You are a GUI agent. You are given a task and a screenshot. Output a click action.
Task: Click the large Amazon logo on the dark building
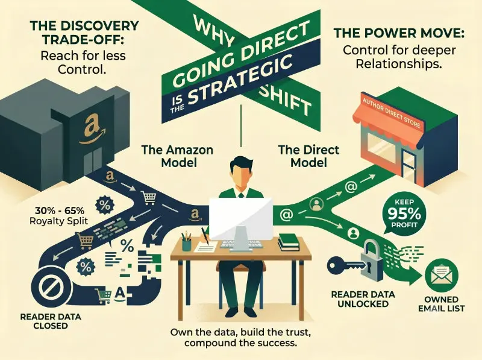pyautogui.click(x=92, y=129)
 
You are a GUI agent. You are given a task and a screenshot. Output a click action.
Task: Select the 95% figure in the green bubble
pyautogui.click(x=404, y=213)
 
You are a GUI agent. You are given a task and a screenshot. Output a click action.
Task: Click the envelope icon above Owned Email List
pyautogui.click(x=442, y=275)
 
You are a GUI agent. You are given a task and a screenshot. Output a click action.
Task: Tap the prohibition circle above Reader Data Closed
pyautogui.click(x=51, y=288)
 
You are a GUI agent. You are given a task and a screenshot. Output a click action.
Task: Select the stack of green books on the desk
pyautogui.click(x=289, y=242)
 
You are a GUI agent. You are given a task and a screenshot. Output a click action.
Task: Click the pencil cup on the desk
pyautogui.click(x=186, y=243)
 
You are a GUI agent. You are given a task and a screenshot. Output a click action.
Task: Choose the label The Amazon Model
pyautogui.click(x=177, y=156)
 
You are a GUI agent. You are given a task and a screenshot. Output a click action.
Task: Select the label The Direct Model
pyautogui.click(x=308, y=156)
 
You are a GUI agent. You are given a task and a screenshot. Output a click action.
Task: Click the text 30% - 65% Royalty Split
pyautogui.click(x=59, y=216)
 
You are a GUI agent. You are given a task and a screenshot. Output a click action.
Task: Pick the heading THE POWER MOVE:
pyautogui.click(x=399, y=33)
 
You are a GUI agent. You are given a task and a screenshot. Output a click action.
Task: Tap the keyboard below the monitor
pyautogui.click(x=242, y=244)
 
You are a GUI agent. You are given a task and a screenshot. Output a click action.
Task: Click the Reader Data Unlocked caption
pyautogui.click(x=363, y=298)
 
